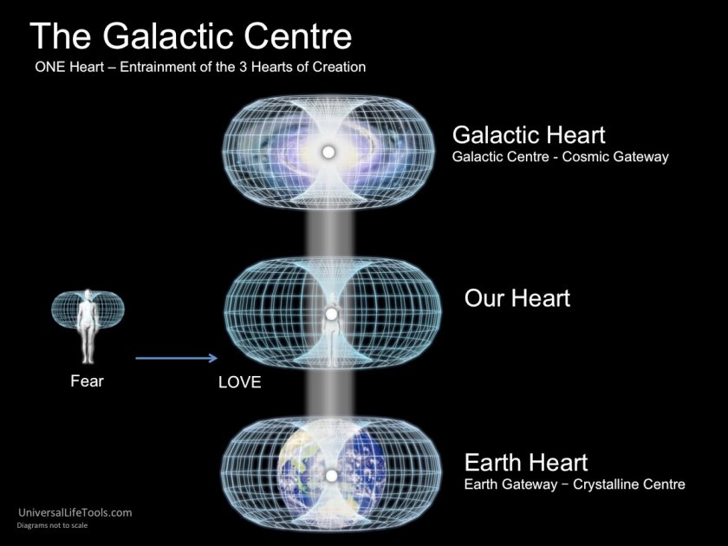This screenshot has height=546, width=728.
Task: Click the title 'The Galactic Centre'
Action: (x=191, y=36)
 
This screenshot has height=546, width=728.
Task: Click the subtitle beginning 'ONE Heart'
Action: (x=200, y=67)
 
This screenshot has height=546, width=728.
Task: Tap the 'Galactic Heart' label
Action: (x=529, y=135)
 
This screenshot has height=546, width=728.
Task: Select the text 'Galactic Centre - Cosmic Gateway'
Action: (x=561, y=157)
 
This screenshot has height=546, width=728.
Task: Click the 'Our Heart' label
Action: (x=517, y=298)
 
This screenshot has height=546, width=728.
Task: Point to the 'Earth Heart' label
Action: (x=526, y=463)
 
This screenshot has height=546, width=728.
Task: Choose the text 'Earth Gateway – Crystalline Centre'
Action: (x=575, y=484)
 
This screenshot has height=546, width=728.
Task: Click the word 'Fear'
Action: (x=87, y=381)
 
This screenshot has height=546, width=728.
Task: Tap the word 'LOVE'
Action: (x=239, y=382)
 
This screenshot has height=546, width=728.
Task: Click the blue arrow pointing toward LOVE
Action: (x=177, y=358)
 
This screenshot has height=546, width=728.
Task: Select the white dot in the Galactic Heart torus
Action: (x=328, y=152)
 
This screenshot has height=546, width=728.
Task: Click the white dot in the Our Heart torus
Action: (x=330, y=315)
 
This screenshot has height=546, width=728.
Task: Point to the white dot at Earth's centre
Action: (x=331, y=476)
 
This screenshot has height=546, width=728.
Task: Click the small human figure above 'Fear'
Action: (x=88, y=327)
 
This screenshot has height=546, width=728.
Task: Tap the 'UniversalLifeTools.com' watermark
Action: (x=75, y=512)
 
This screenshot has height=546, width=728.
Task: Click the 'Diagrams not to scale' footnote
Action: (x=53, y=525)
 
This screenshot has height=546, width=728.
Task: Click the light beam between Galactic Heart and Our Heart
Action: (x=329, y=235)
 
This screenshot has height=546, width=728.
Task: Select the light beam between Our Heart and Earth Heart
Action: (x=329, y=393)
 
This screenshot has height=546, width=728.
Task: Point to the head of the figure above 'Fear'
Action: (x=88, y=296)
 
